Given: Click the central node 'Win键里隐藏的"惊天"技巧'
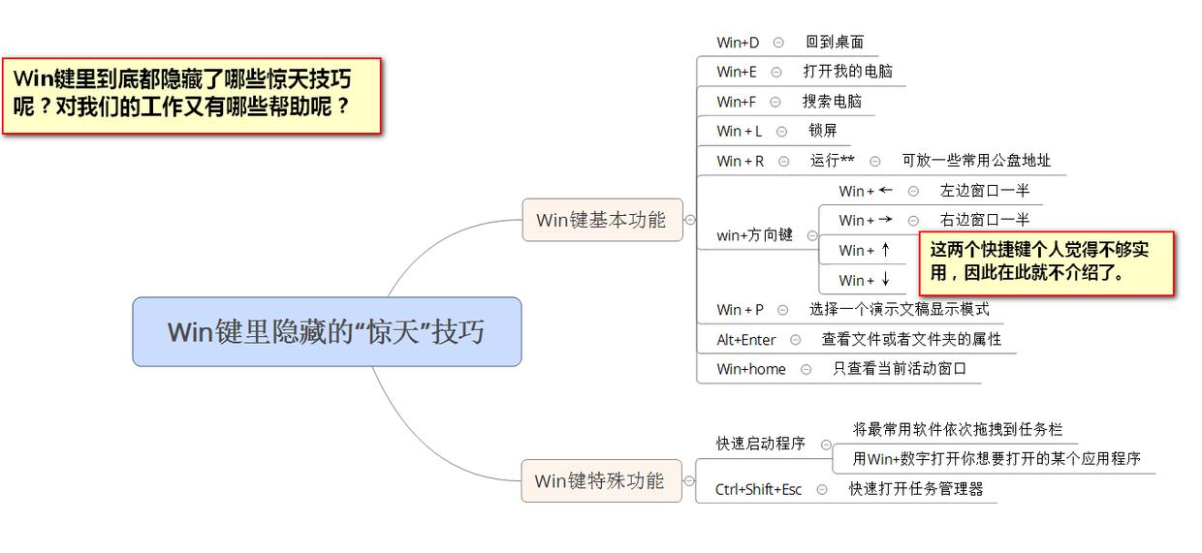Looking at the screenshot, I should (326, 331).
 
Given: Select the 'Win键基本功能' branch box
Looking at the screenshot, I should (601, 220).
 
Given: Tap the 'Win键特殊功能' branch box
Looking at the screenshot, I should (600, 480).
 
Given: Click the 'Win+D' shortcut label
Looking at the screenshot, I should (738, 43).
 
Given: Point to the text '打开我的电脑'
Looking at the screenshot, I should (847, 72).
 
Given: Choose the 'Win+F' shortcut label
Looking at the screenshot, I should (736, 102).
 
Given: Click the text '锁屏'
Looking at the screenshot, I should (822, 131).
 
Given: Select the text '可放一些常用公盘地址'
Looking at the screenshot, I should (975, 161).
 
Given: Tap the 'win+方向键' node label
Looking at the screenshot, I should (754, 235).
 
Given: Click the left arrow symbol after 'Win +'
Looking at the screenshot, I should (885, 190).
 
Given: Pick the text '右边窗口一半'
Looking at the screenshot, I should (984, 220).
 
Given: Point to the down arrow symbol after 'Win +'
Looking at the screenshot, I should (885, 280).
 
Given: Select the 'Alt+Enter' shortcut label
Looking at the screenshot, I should (745, 340).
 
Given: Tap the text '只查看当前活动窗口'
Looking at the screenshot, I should (899, 369).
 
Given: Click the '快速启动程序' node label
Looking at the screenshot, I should (760, 444).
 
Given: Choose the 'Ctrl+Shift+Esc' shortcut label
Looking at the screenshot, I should (758, 489).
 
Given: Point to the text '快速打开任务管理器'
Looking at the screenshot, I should (915, 489).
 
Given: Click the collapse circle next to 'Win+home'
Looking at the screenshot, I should (806, 369).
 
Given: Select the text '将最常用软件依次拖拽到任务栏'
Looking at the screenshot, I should (957, 429).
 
